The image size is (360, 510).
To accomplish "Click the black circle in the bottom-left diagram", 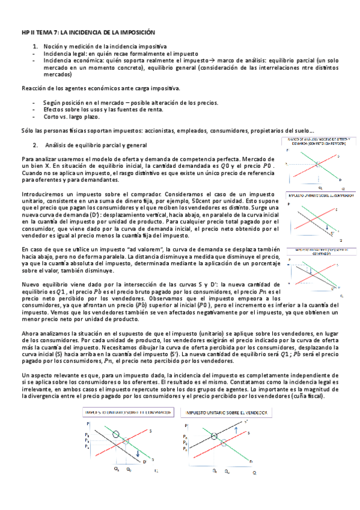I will tap(116, 433).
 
